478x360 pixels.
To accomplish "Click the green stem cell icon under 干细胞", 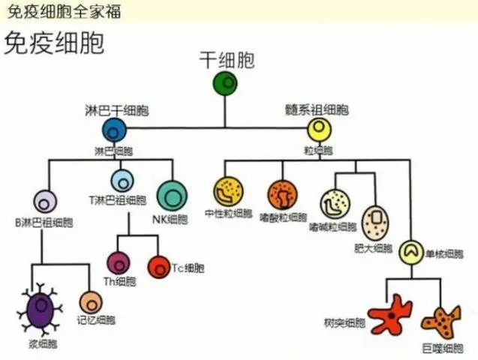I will point(225,83).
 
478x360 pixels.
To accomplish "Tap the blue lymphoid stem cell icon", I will point(114,130).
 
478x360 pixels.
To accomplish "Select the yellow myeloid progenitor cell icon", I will point(321,130).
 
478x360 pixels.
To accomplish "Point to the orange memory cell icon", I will point(91,302).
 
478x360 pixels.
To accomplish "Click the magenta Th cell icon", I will point(119,262).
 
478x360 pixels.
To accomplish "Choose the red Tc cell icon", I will point(159,266).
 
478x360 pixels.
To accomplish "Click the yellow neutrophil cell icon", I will point(228,192).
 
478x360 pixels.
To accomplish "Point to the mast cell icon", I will point(375,222).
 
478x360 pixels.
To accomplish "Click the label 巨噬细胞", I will point(442,348).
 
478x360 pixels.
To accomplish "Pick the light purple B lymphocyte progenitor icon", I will point(45,202).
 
